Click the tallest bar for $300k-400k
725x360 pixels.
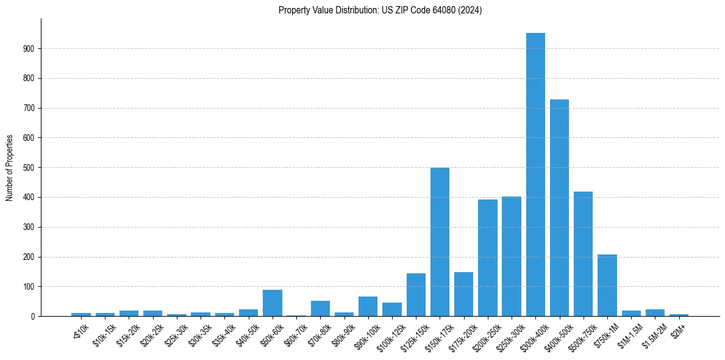coord(535,175)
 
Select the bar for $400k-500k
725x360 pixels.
coord(559,207)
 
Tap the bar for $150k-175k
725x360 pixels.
coord(440,242)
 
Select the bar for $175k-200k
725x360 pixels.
coord(463,294)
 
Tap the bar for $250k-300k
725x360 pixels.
coord(511,256)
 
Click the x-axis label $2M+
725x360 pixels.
coord(679,332)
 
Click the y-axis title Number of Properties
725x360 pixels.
coord(10,168)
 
